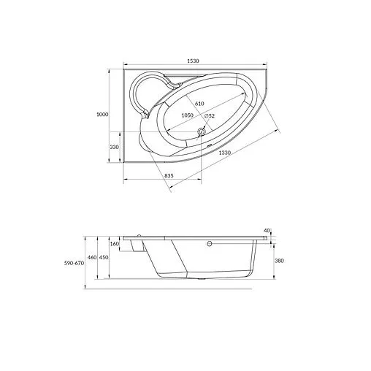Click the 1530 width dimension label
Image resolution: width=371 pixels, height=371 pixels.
(193, 61)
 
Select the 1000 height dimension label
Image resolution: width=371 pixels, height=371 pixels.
(102, 114)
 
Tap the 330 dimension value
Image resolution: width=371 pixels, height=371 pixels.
(115, 147)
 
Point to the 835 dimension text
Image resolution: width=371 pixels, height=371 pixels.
(168, 176)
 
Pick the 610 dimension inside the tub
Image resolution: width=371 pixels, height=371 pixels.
(199, 104)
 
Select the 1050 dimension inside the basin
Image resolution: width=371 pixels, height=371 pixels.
(187, 115)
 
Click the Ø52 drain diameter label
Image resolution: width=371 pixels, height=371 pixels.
(209, 116)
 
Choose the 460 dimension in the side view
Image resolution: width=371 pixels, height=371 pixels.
(93, 257)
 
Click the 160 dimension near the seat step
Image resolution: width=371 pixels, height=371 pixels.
(115, 244)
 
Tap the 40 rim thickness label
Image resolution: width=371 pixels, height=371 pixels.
(267, 230)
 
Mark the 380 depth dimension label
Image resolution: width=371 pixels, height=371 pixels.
(279, 260)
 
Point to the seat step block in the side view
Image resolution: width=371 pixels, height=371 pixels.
(134, 247)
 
